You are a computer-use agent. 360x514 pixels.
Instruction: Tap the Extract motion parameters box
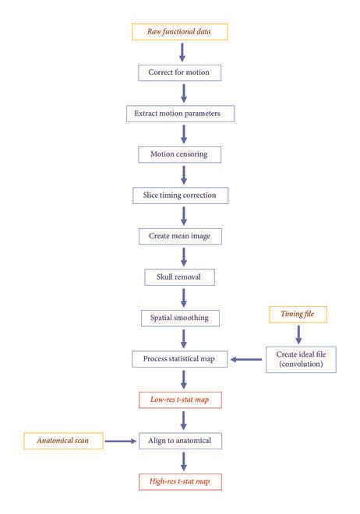[180, 114]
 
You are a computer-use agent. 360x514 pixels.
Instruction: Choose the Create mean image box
[180, 235]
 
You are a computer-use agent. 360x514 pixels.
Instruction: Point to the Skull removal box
[180, 276]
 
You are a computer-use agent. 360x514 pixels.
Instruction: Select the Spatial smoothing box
[180, 318]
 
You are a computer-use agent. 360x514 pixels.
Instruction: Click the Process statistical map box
[180, 359]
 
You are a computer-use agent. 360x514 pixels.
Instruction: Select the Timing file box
[298, 315]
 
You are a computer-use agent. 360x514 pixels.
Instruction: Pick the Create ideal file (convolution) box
[299, 359]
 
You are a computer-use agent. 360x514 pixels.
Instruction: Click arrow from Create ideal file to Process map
[245, 359]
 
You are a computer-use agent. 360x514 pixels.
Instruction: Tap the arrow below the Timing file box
[298, 334]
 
